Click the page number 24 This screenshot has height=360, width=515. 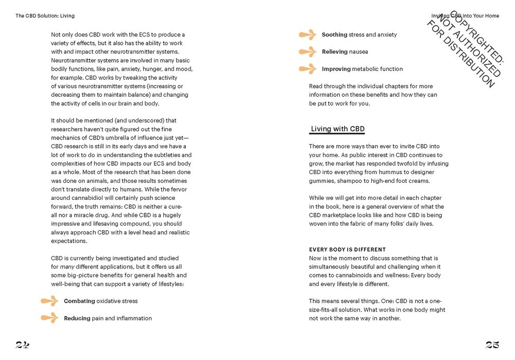[22, 345]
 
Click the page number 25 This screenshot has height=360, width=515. [492, 345]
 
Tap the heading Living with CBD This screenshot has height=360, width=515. [337, 129]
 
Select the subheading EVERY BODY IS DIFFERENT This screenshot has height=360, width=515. [347, 250]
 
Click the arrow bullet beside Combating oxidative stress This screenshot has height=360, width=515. [49, 301]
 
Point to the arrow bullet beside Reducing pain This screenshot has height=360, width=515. [49, 318]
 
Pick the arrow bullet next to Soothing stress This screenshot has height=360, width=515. [307, 35]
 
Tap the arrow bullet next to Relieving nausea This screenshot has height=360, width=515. [307, 52]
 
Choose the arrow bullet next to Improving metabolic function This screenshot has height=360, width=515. [307, 69]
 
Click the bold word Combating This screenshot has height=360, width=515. [79, 301]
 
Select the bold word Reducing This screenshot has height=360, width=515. [77, 318]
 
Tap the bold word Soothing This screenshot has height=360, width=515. [335, 35]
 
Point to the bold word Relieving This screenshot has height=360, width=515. [335, 52]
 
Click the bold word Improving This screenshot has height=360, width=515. [336, 69]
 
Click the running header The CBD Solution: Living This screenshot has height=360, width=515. [45, 16]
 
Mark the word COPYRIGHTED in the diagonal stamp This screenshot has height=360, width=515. [477, 43]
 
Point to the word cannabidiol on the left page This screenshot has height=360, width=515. [90, 198]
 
